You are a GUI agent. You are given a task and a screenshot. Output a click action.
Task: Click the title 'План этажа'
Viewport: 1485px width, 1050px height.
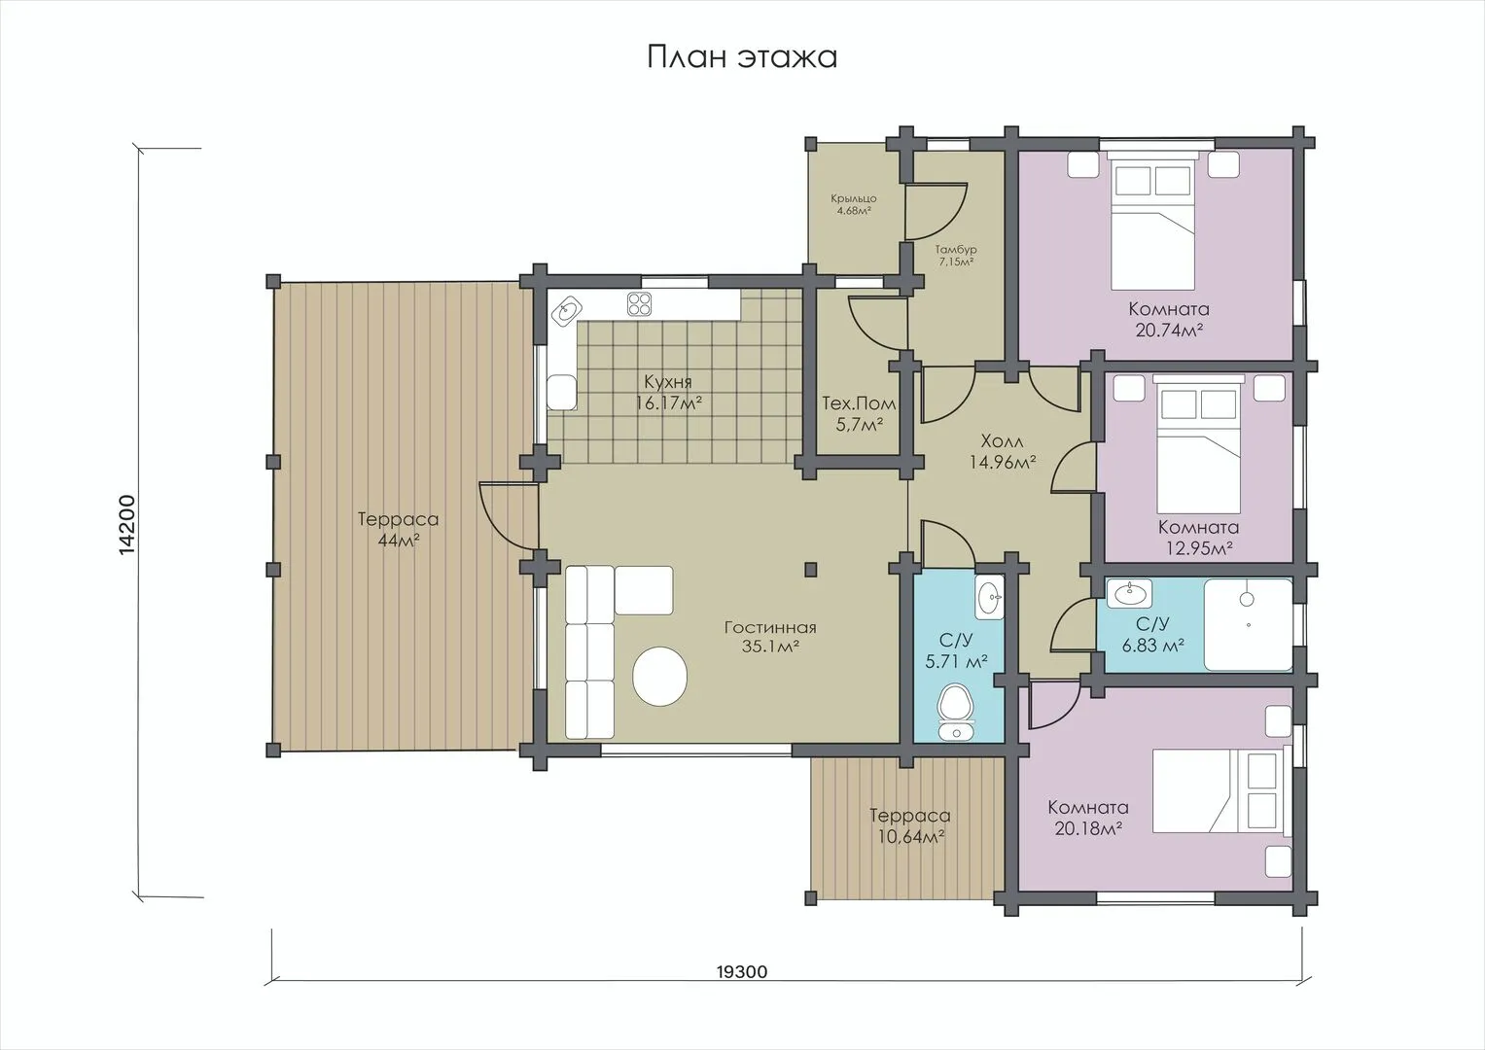point(742,57)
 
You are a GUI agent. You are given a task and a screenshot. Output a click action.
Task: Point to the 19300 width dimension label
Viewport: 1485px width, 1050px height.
point(742,972)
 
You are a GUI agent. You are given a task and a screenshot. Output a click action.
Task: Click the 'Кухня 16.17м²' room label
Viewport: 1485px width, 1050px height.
point(669,393)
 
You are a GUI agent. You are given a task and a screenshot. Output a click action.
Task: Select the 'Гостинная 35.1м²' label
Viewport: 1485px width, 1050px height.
point(770,637)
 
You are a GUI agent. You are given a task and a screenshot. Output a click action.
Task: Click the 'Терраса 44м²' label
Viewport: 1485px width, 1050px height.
point(399,529)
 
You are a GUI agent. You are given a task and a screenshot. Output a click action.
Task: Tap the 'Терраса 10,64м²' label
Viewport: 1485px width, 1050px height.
point(911,826)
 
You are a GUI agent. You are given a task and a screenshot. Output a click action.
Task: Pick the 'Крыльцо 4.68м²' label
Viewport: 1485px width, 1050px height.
point(854,205)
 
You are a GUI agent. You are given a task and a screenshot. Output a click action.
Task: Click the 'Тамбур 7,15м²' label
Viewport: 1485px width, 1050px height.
point(956,256)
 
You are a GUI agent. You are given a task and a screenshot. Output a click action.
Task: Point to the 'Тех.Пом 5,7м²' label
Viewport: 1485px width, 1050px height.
point(859,413)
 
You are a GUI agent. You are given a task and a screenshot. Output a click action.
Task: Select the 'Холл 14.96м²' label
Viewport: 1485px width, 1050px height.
point(1003,451)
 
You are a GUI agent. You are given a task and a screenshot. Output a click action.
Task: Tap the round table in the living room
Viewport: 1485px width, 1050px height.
point(659,677)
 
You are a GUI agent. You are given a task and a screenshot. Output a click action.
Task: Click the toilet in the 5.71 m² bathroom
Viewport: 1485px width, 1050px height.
point(955,712)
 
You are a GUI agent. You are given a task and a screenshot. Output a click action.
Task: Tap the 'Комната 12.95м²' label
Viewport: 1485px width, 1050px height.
point(1199,538)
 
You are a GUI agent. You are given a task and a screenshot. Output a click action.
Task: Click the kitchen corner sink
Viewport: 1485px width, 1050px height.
point(568,310)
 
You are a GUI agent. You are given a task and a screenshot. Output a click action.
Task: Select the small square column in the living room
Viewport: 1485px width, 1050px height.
point(811,569)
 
